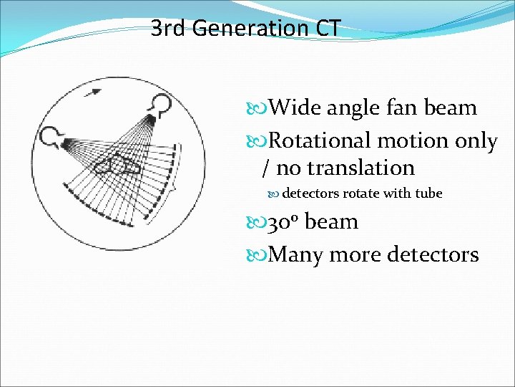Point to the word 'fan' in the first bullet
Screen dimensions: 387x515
tap(401, 108)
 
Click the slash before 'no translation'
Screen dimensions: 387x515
tap(266, 168)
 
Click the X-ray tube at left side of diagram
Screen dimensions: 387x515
tap(53, 137)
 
